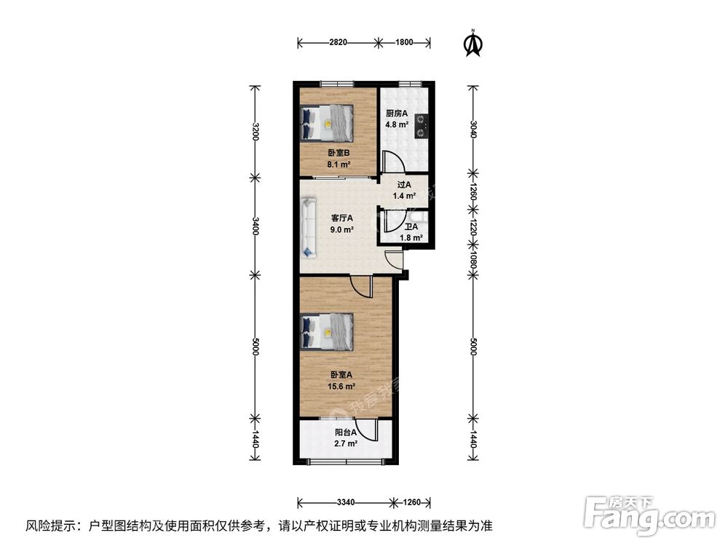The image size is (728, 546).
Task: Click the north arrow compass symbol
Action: click(x=473, y=44)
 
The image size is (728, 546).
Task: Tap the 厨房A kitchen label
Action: click(x=397, y=114)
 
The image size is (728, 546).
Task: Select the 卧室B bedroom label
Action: click(x=339, y=153)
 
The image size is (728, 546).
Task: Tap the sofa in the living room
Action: click(x=308, y=226)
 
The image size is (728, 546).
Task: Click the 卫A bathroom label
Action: click(x=411, y=226)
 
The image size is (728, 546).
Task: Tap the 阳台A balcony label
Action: click(x=346, y=432)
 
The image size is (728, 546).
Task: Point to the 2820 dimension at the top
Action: click(x=338, y=42)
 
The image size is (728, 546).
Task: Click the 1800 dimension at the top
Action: click(x=404, y=42)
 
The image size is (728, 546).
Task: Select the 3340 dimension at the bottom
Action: click(x=345, y=502)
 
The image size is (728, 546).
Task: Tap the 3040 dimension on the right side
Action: click(x=473, y=130)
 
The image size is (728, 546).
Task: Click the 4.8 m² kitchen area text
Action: click(x=397, y=124)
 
